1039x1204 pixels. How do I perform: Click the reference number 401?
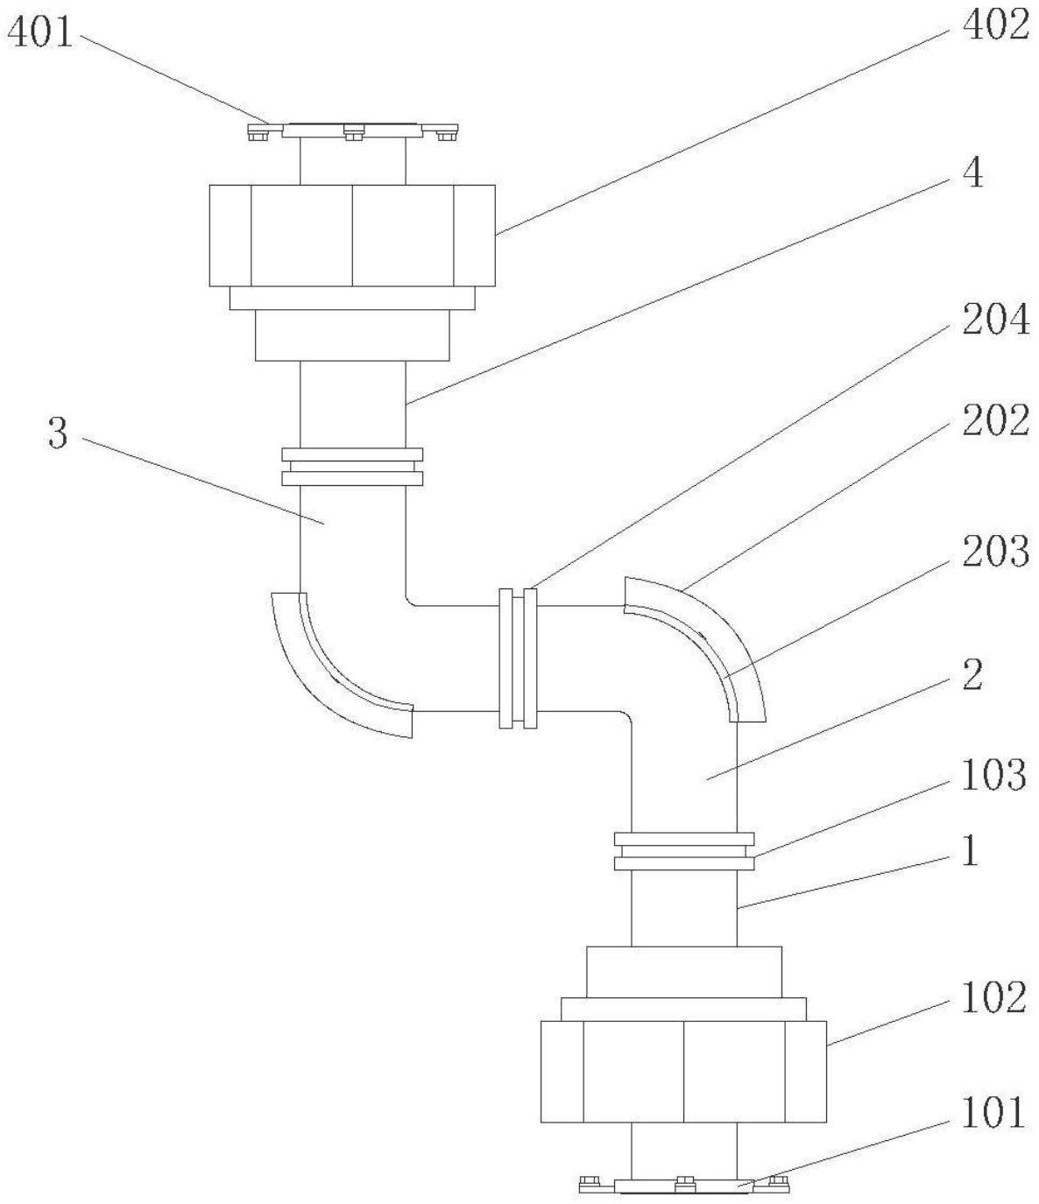click(x=40, y=35)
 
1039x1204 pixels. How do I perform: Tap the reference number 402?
click(x=995, y=26)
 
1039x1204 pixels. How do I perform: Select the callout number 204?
click(x=995, y=321)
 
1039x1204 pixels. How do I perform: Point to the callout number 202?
click(x=995, y=422)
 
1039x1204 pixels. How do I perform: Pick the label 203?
click(x=995, y=552)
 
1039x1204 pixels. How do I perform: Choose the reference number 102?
click(x=993, y=998)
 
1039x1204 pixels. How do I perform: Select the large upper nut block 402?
click(x=352, y=235)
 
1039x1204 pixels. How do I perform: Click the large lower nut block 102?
click(x=683, y=1071)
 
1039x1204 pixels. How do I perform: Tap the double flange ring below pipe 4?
click(x=352, y=467)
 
